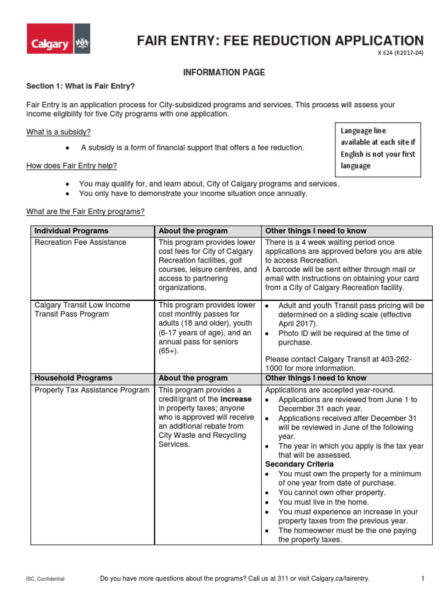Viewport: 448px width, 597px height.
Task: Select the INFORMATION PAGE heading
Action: (225, 72)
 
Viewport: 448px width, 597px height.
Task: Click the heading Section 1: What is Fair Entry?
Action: (80, 86)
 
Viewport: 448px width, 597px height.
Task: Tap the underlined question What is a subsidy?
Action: (58, 132)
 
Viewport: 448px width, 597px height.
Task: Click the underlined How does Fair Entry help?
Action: (72, 166)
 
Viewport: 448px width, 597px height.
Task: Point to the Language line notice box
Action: (377, 148)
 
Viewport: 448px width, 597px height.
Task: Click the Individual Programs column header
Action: (71, 231)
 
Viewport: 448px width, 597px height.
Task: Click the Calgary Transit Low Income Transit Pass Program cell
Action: (82, 310)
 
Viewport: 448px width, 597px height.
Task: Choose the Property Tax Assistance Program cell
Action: (92, 390)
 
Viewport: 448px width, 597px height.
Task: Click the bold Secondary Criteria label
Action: (299, 464)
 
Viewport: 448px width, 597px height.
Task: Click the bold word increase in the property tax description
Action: (236, 399)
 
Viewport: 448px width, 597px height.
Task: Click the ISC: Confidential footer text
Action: (45, 578)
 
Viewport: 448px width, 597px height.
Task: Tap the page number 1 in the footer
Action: (422, 578)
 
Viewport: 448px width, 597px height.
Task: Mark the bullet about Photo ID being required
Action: (343, 338)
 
